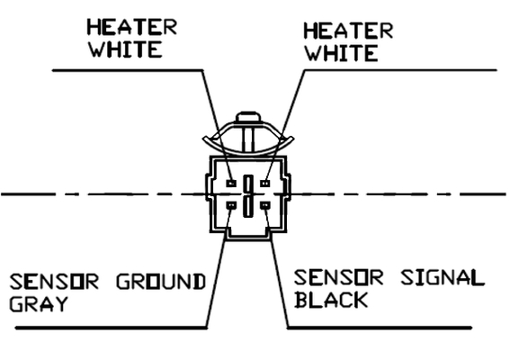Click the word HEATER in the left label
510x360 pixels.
click(x=132, y=27)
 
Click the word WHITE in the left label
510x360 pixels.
click(x=126, y=49)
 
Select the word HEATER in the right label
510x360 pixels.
click(x=348, y=31)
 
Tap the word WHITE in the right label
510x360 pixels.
click(x=342, y=53)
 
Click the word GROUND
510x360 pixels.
click(x=161, y=282)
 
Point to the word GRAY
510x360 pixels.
click(x=39, y=304)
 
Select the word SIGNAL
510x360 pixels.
click(x=443, y=277)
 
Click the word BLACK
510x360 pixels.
click(x=331, y=300)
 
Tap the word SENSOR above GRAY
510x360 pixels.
click(x=54, y=282)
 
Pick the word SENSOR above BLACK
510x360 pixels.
click(x=338, y=277)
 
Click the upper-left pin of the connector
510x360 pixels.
click(x=231, y=184)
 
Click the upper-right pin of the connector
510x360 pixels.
click(x=265, y=184)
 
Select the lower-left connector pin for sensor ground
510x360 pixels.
click(x=231, y=205)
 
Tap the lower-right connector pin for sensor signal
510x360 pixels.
click(x=265, y=205)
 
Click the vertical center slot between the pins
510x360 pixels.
click(x=248, y=196)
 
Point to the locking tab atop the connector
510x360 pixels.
click(x=248, y=117)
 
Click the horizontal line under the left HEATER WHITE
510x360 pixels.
click(x=128, y=70)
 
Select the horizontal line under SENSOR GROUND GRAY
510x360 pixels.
click(x=111, y=328)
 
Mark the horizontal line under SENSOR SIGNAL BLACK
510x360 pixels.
click(x=380, y=328)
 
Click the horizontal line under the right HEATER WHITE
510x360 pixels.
click(x=400, y=70)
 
